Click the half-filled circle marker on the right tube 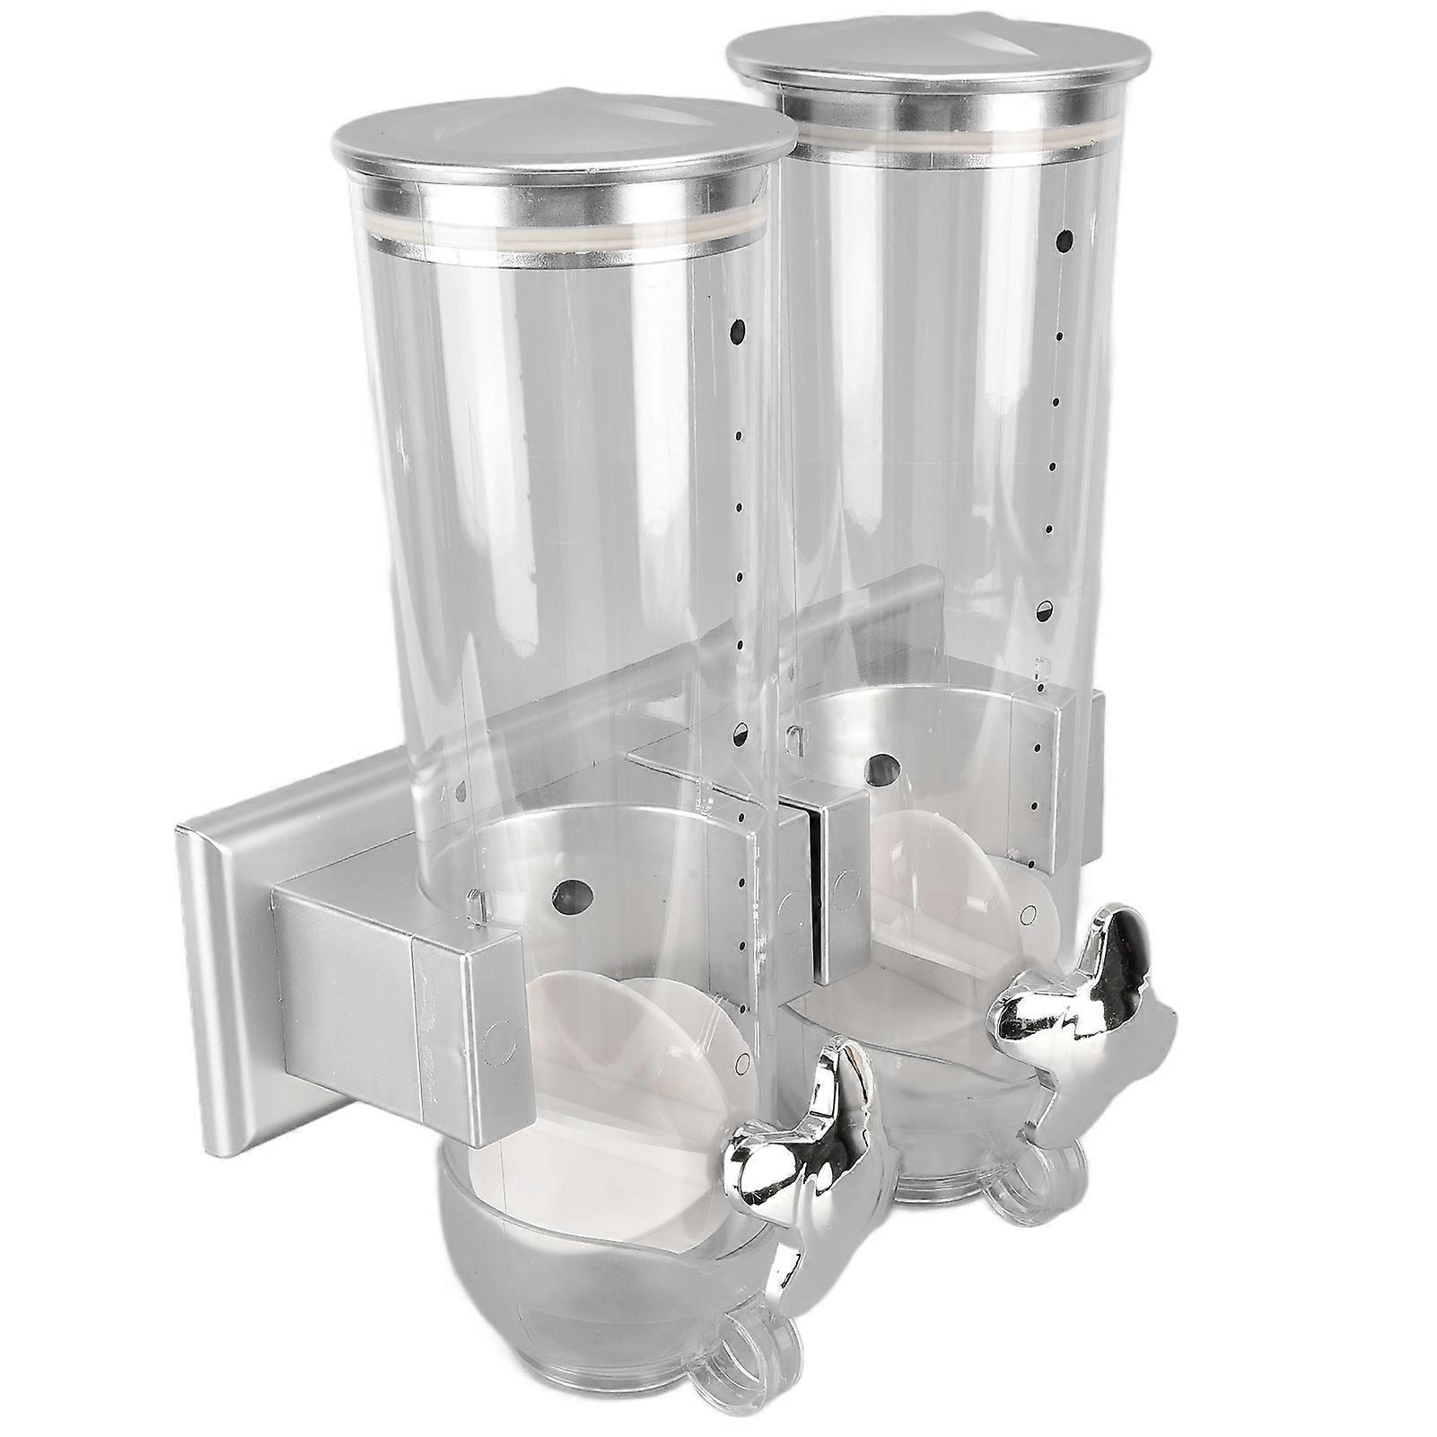[1046, 609]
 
